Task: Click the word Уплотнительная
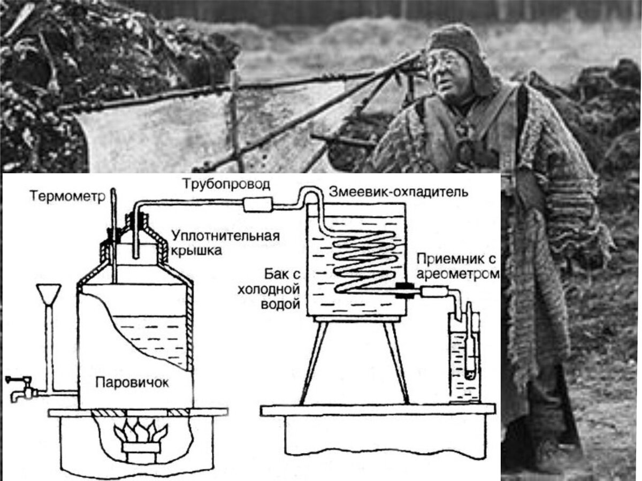tap(226, 236)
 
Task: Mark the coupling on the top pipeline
tap(258, 203)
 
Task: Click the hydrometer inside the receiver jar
tap(469, 342)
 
